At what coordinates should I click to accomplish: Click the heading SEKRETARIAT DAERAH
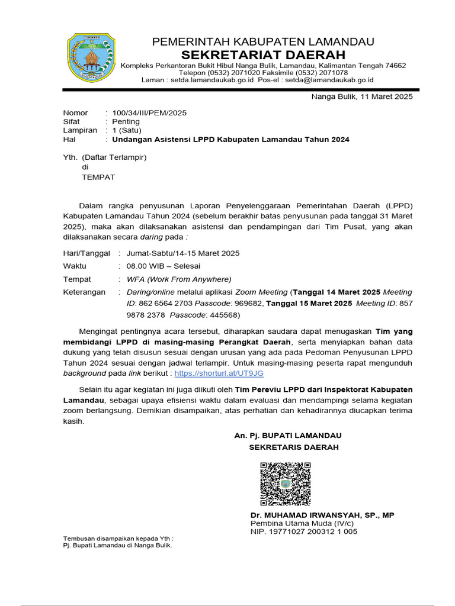(x=263, y=54)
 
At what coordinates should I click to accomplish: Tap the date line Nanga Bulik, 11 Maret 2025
(x=362, y=96)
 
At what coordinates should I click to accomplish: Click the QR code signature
(x=286, y=483)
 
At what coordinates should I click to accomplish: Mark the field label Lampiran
(x=80, y=130)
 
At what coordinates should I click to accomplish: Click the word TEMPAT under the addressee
(x=98, y=177)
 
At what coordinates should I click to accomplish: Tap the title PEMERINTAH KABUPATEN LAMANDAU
(x=263, y=41)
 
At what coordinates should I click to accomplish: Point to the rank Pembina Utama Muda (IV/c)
(x=302, y=523)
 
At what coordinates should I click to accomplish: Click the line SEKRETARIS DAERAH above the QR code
(x=294, y=447)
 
